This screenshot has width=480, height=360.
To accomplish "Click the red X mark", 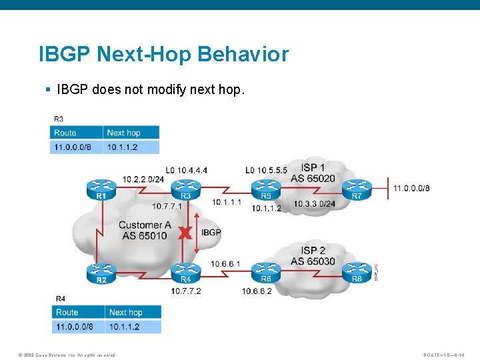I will (186, 233).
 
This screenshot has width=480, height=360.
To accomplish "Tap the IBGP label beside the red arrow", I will (211, 233).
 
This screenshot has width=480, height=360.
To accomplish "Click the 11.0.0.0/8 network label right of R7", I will (411, 189).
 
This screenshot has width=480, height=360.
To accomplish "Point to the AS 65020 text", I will (313, 179).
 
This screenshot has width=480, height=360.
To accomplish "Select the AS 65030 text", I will (313, 261).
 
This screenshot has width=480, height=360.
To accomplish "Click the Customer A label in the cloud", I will (145, 225).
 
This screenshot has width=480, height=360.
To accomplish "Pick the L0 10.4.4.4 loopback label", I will (187, 170).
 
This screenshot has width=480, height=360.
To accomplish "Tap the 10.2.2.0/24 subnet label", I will (143, 179).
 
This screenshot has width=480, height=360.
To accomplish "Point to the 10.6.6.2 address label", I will (258, 291).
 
